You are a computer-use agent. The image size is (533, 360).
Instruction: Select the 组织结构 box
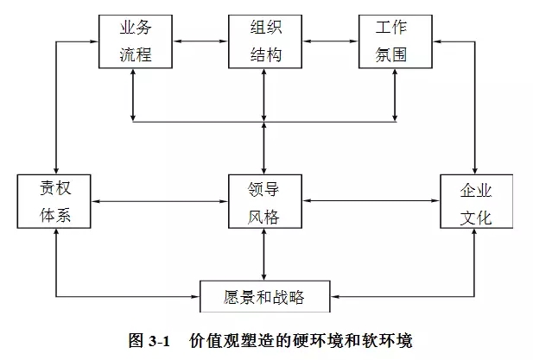[x=264, y=41]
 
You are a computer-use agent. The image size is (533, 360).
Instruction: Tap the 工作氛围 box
[x=394, y=41]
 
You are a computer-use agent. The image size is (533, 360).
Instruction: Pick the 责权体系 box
[x=55, y=201]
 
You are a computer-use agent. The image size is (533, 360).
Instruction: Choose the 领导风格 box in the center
[x=264, y=201]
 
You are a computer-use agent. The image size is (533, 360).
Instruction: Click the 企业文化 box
[x=476, y=201]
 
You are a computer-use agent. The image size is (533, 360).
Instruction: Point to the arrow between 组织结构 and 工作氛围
[x=329, y=41]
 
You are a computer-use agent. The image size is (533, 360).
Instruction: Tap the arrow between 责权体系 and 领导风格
[x=160, y=201]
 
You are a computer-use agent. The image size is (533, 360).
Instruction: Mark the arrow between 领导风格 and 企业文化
[x=371, y=201]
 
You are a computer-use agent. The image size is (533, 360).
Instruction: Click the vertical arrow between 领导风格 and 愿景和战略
[x=264, y=255]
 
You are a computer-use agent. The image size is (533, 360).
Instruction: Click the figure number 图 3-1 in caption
[x=152, y=340]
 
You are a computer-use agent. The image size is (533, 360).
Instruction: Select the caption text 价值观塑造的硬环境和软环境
[x=308, y=340]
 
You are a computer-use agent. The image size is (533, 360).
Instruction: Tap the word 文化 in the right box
[x=476, y=218]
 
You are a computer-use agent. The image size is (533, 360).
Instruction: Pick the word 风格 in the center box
[x=264, y=217]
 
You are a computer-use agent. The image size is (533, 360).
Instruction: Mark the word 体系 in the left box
[x=55, y=217]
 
